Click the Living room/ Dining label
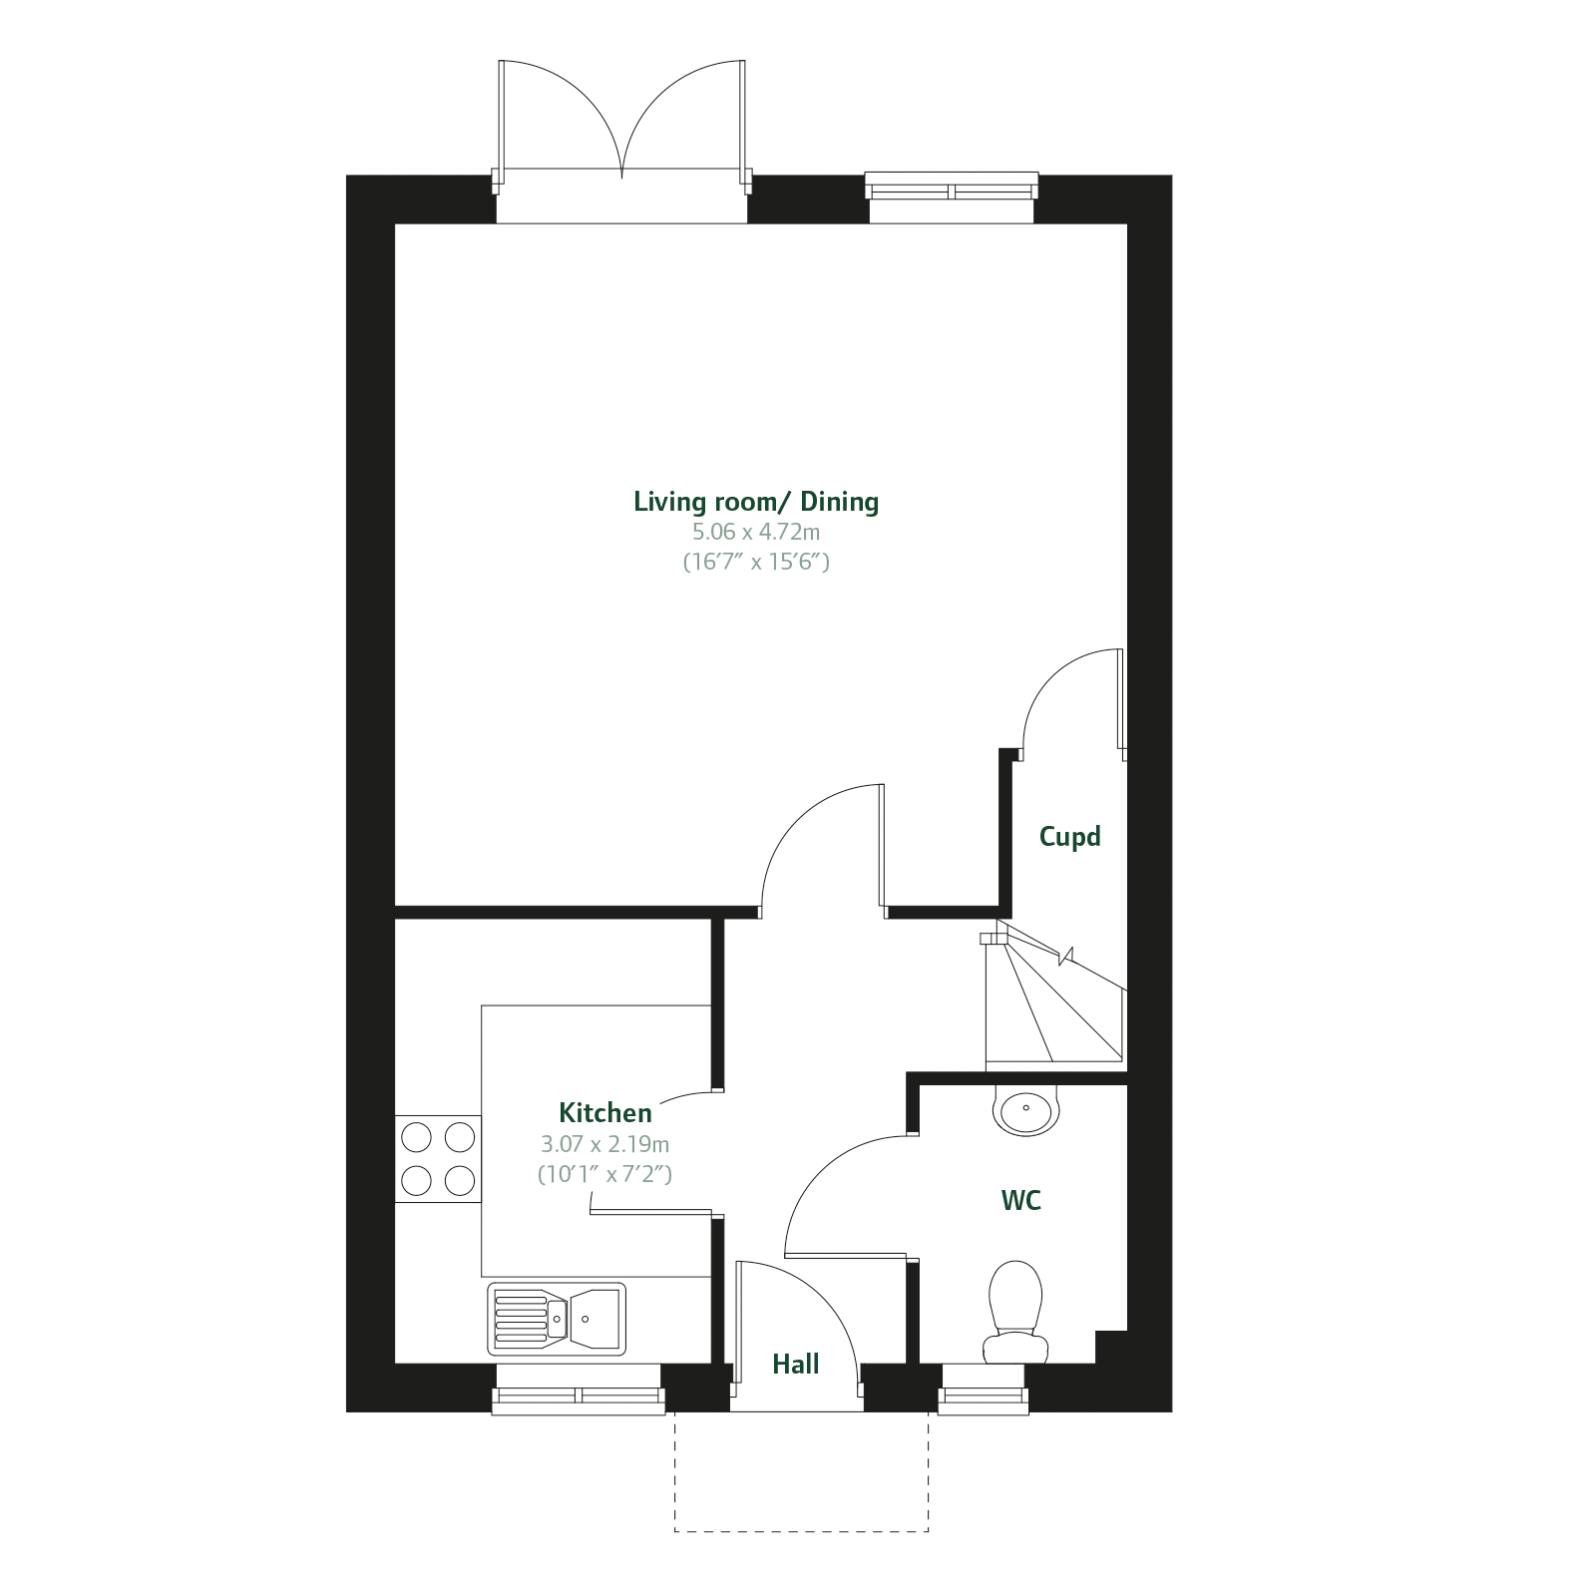tap(756, 501)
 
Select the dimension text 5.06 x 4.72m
tap(756, 532)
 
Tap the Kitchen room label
tap(604, 1113)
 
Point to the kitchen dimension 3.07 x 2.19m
tap(604, 1144)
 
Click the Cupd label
tap(1069, 837)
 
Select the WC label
tap(1020, 1201)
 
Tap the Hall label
tap(795, 1365)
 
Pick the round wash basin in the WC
tap(1025, 1110)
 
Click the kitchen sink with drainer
tap(557, 1319)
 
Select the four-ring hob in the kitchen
tap(438, 1159)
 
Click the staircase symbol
tap(1054, 997)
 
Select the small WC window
tap(983, 1398)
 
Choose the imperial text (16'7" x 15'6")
tap(756, 562)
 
